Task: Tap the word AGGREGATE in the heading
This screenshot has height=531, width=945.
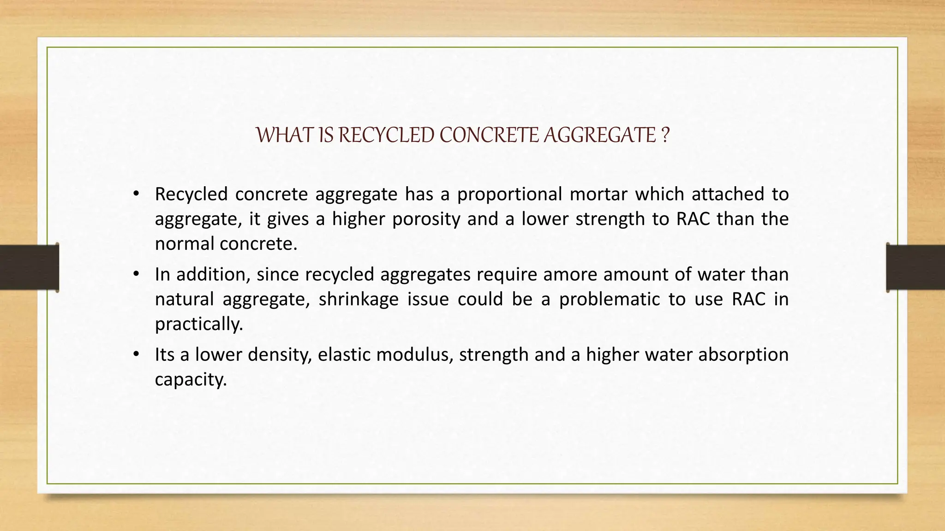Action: pos(600,135)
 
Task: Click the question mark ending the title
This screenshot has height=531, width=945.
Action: pos(664,135)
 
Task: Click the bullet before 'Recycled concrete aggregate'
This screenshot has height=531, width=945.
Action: pos(136,194)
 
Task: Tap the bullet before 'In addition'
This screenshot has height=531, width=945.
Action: pos(136,274)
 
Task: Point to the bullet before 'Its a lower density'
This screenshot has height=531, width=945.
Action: pos(136,354)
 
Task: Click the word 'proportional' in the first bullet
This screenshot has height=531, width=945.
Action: pos(509,194)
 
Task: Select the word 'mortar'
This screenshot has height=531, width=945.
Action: pos(598,194)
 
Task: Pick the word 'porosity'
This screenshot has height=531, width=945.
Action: pos(426,219)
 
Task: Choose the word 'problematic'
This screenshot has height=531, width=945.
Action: pos(610,299)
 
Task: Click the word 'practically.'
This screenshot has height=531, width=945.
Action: pos(199,324)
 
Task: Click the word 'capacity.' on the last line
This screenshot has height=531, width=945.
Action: pos(191,379)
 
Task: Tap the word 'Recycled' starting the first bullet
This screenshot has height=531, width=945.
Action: pos(191,194)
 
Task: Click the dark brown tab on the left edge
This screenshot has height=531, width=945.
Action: pos(29,267)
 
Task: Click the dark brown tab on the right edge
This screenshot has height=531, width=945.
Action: pos(915,267)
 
